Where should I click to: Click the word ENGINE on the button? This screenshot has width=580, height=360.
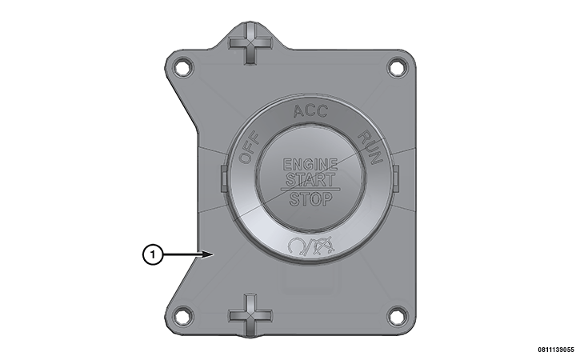[310, 164]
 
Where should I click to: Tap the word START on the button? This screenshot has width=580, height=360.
[310, 179]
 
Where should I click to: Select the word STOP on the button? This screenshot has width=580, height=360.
[310, 198]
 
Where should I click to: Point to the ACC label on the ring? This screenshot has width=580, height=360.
[310, 111]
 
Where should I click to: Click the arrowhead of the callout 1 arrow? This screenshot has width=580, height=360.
[210, 255]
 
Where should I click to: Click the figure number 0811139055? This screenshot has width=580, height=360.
[550, 350]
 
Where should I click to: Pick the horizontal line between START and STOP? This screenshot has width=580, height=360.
[310, 189]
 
